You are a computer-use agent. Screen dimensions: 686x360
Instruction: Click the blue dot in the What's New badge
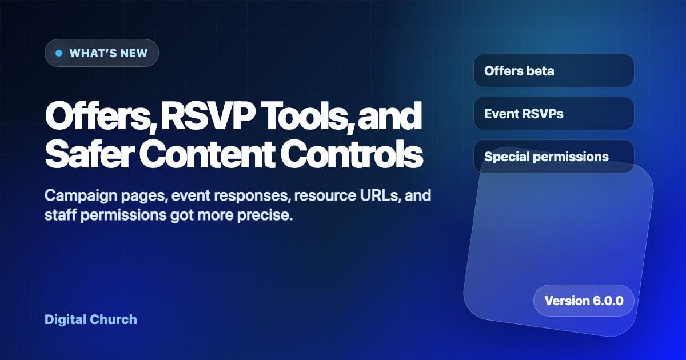(59, 53)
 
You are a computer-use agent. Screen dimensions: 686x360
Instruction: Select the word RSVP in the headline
(208, 115)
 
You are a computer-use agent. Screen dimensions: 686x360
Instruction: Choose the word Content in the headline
(207, 153)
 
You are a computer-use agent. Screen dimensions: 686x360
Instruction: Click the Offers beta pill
(554, 71)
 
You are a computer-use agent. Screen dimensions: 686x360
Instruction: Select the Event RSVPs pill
(554, 114)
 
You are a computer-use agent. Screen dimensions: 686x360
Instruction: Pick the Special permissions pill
(554, 157)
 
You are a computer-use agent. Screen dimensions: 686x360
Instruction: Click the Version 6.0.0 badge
(584, 301)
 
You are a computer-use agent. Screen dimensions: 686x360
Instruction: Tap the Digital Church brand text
(91, 319)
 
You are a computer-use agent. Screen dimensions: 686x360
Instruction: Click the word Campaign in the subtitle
(81, 196)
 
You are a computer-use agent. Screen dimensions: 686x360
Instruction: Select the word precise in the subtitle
(265, 215)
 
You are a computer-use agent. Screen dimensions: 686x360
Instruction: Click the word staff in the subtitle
(61, 215)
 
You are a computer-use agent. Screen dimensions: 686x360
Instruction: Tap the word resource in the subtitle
(325, 196)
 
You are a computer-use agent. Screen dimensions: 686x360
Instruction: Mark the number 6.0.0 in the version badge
(608, 301)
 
